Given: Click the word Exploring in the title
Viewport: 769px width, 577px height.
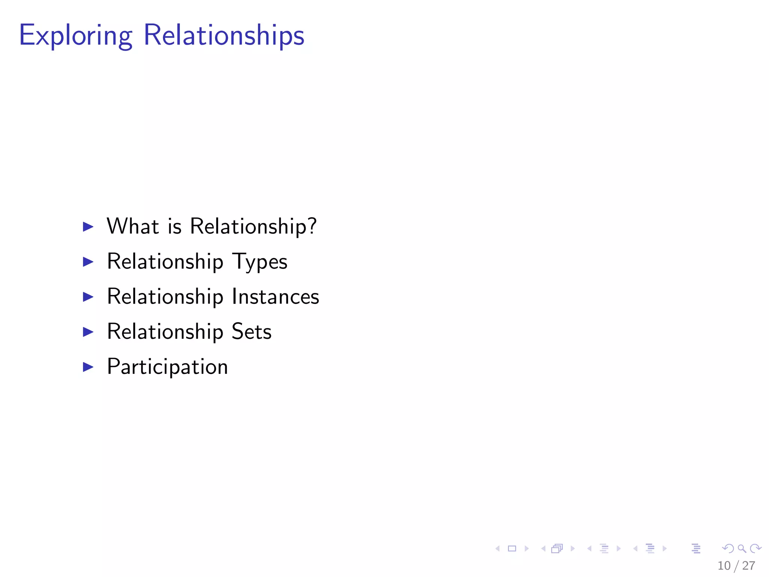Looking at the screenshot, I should [75, 36].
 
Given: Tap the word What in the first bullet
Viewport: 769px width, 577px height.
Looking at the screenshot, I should [133, 226].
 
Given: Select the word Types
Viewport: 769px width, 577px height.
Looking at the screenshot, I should [260, 262].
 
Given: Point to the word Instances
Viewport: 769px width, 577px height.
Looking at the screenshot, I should [275, 297].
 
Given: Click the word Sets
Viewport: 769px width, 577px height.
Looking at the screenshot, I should [251, 332].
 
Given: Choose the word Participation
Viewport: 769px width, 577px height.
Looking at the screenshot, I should [167, 367].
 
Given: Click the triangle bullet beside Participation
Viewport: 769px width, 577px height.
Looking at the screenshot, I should [88, 367].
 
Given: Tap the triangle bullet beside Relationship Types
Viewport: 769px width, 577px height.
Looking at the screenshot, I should [88, 262].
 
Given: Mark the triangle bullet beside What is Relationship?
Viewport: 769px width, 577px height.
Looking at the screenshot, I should [88, 227].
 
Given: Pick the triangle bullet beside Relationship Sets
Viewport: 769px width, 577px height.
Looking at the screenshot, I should [88, 332].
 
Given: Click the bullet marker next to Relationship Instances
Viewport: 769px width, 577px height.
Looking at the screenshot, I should [88, 297].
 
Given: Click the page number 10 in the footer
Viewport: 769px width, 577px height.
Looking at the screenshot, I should [724, 566].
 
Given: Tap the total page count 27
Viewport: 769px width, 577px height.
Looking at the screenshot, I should [749, 566].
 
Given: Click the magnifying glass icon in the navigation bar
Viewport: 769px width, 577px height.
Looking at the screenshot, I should [742, 548].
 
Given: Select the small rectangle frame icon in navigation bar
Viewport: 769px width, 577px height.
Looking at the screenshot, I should [512, 548].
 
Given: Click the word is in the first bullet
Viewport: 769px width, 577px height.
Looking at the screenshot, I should [175, 227].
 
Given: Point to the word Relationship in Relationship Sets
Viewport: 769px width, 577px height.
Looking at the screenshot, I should [165, 332].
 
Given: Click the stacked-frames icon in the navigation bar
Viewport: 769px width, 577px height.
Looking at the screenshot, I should [557, 548].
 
